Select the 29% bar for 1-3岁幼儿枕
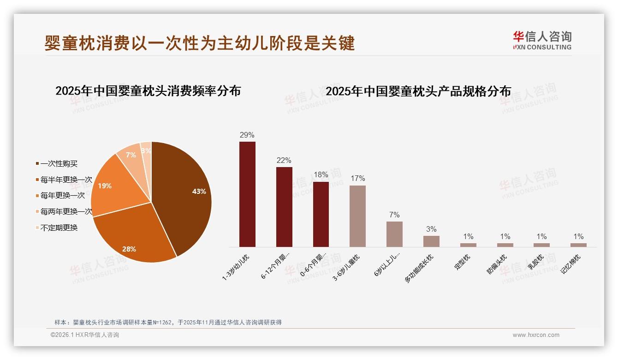point(247,194)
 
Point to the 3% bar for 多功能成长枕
point(431,241)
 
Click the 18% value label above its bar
point(321,175)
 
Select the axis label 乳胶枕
point(535,263)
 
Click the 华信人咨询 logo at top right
point(542,40)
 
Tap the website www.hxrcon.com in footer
point(536,335)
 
